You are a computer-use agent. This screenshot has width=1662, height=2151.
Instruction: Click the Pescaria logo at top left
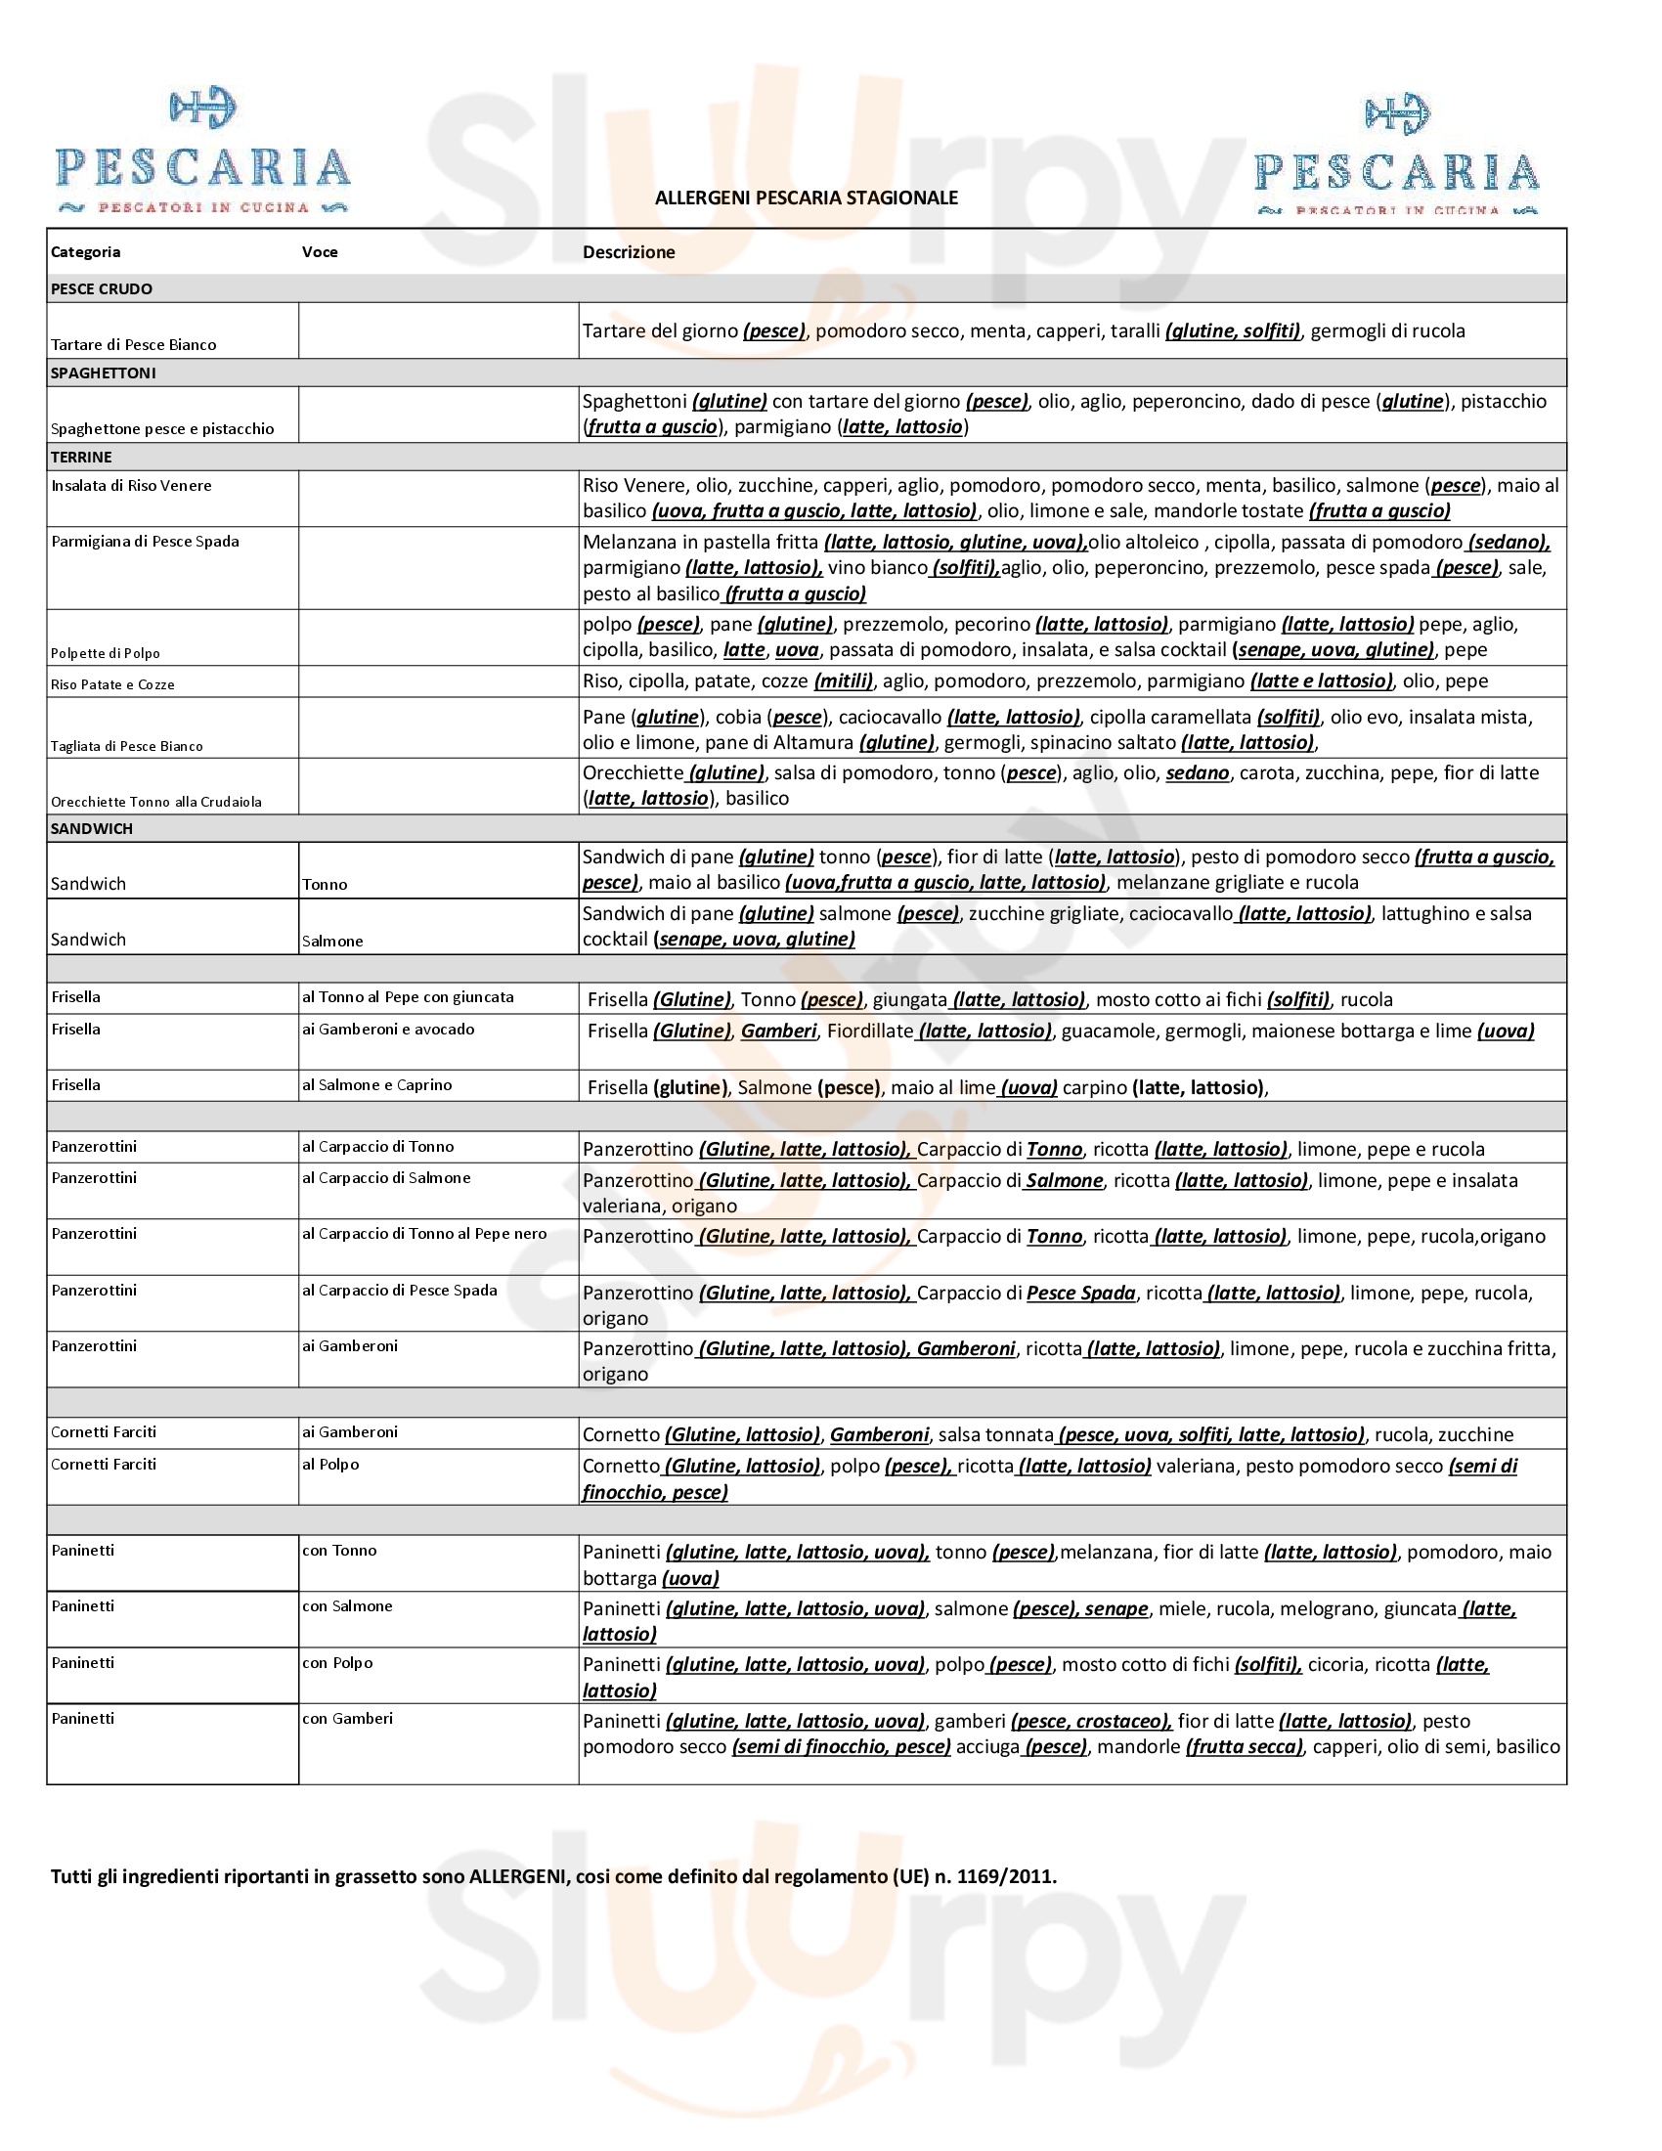(202, 153)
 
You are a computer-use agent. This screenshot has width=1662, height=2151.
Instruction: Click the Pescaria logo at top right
(1396, 155)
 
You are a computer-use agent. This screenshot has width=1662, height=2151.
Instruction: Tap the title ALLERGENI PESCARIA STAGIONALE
(807, 198)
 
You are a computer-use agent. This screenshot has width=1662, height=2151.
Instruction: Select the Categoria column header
(86, 252)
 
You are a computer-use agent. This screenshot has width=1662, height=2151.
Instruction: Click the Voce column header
(320, 252)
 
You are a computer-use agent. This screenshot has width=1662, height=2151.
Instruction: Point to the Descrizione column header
(629, 252)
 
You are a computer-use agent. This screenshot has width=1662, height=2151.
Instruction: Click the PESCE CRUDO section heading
(102, 289)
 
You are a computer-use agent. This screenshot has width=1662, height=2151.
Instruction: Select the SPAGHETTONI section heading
(104, 373)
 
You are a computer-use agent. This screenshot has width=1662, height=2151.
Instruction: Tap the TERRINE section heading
(82, 457)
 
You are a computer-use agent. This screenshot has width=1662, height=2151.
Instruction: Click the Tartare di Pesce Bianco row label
(134, 345)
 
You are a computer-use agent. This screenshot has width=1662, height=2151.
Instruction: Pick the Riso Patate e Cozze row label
(113, 684)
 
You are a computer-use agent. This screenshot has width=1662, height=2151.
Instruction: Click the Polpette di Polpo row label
(106, 653)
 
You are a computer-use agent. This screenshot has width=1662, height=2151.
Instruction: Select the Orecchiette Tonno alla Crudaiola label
(156, 802)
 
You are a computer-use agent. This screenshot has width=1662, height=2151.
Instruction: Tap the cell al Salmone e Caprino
(377, 1085)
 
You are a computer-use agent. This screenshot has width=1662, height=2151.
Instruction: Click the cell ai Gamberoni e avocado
(388, 1030)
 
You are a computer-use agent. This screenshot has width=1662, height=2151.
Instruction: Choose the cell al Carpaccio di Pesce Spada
(400, 1291)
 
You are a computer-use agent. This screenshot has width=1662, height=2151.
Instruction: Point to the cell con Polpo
(337, 1662)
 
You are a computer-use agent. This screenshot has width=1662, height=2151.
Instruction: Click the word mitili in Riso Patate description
(844, 681)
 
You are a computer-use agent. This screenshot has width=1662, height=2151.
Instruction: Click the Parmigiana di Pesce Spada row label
(145, 542)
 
